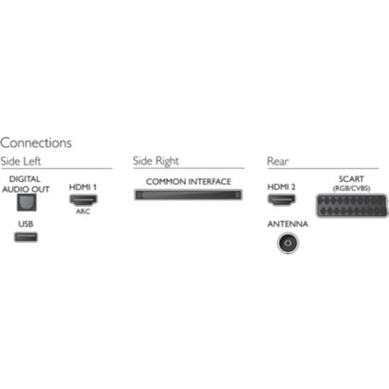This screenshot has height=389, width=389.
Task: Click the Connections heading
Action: [36, 143]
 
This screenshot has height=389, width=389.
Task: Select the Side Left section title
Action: [21, 161]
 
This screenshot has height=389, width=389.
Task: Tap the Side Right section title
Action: [156, 161]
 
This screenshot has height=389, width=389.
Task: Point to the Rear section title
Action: [278, 161]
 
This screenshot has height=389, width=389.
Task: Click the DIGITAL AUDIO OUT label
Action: [26, 184]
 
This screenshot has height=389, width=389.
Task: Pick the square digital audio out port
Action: [27, 202]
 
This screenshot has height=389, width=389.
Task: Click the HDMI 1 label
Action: [83, 187]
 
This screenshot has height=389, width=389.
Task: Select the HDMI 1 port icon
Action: [83, 200]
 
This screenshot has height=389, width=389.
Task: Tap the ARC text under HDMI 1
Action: [83, 212]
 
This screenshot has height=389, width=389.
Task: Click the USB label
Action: [26, 224]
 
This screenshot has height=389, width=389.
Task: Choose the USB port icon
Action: [26, 237]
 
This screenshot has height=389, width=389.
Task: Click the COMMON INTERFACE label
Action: [189, 181]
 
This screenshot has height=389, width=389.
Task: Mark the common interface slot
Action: [188, 194]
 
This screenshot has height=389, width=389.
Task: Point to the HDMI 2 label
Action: [281, 187]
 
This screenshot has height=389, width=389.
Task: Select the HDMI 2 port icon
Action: [282, 200]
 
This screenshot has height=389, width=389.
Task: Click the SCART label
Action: [351, 179]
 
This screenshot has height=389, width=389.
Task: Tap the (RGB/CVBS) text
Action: [351, 188]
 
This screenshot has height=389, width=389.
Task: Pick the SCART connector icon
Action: [352, 206]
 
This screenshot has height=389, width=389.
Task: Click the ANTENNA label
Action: [287, 224]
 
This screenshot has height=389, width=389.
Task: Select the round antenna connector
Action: [287, 243]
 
